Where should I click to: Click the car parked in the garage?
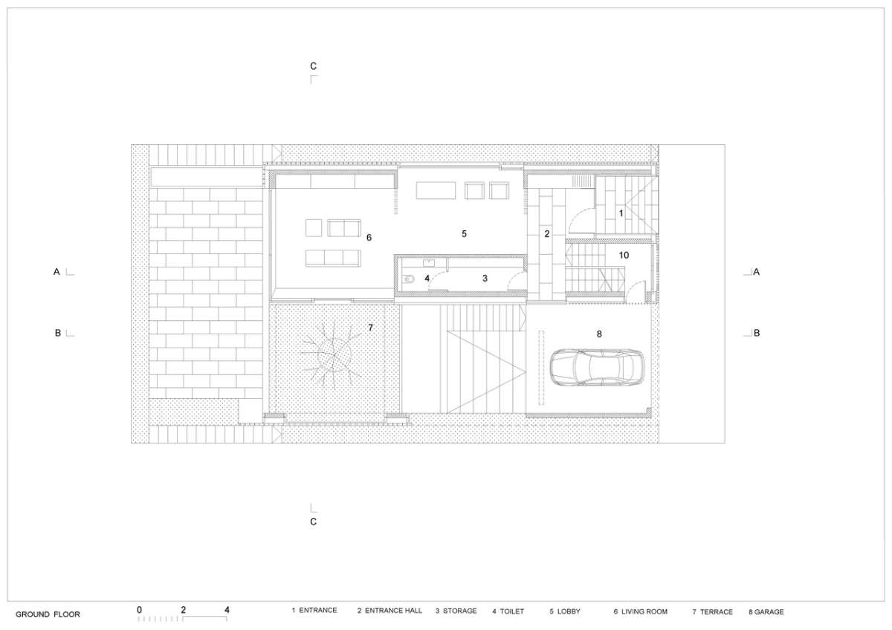click(597, 367)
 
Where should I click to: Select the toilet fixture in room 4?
click(408, 279)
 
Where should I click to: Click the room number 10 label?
click(624, 255)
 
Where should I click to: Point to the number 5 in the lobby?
click(464, 233)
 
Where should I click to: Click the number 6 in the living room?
click(369, 238)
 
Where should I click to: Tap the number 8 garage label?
click(599, 334)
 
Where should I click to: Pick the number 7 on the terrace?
click(371, 328)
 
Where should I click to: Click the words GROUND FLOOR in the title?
click(48, 614)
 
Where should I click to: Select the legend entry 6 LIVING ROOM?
click(640, 611)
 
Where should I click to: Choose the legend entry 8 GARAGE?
click(766, 611)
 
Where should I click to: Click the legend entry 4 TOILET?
click(508, 611)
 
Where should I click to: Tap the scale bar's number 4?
click(227, 610)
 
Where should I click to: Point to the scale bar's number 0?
click(139, 610)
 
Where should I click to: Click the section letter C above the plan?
click(314, 66)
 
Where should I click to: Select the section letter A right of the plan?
click(756, 272)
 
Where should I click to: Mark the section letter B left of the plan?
click(58, 333)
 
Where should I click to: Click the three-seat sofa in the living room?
click(333, 258)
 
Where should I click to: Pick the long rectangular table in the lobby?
click(436, 190)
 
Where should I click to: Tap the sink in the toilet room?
click(429, 263)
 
